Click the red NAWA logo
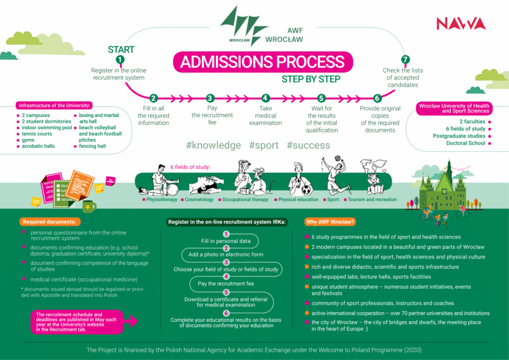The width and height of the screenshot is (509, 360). [x=461, y=23]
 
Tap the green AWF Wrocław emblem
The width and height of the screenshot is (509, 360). [x=244, y=26]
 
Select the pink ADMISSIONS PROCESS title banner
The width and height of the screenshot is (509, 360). [x=262, y=62]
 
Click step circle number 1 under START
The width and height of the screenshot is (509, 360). [x=120, y=59]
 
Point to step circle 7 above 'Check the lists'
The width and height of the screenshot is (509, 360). [x=405, y=59]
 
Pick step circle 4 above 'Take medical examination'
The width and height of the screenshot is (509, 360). [x=265, y=98]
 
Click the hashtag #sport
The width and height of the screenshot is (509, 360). [x=263, y=145]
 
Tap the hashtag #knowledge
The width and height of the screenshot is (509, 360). [x=213, y=145]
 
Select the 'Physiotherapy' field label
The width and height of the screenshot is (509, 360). [x=162, y=199]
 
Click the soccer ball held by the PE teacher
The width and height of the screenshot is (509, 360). [x=306, y=189]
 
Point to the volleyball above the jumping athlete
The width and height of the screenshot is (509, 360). [x=338, y=159]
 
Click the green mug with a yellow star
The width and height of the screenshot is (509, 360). [x=88, y=206]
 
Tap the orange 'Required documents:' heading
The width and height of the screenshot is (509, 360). [x=50, y=222]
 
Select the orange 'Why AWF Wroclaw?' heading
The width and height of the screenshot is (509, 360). [x=330, y=222]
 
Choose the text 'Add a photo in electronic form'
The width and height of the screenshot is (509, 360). [x=226, y=255]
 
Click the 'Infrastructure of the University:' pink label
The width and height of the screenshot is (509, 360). [x=54, y=105]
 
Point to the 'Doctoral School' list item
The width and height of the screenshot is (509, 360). [x=465, y=143]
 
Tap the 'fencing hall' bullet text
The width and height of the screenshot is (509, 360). [x=92, y=146]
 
